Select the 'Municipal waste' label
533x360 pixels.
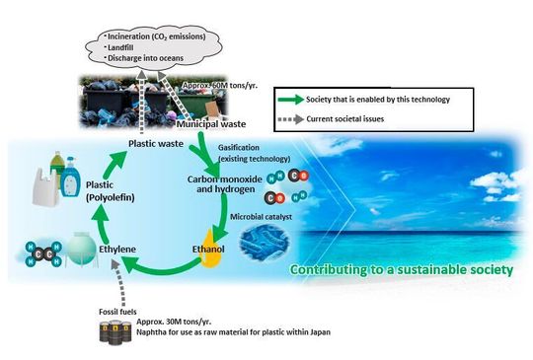209,125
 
